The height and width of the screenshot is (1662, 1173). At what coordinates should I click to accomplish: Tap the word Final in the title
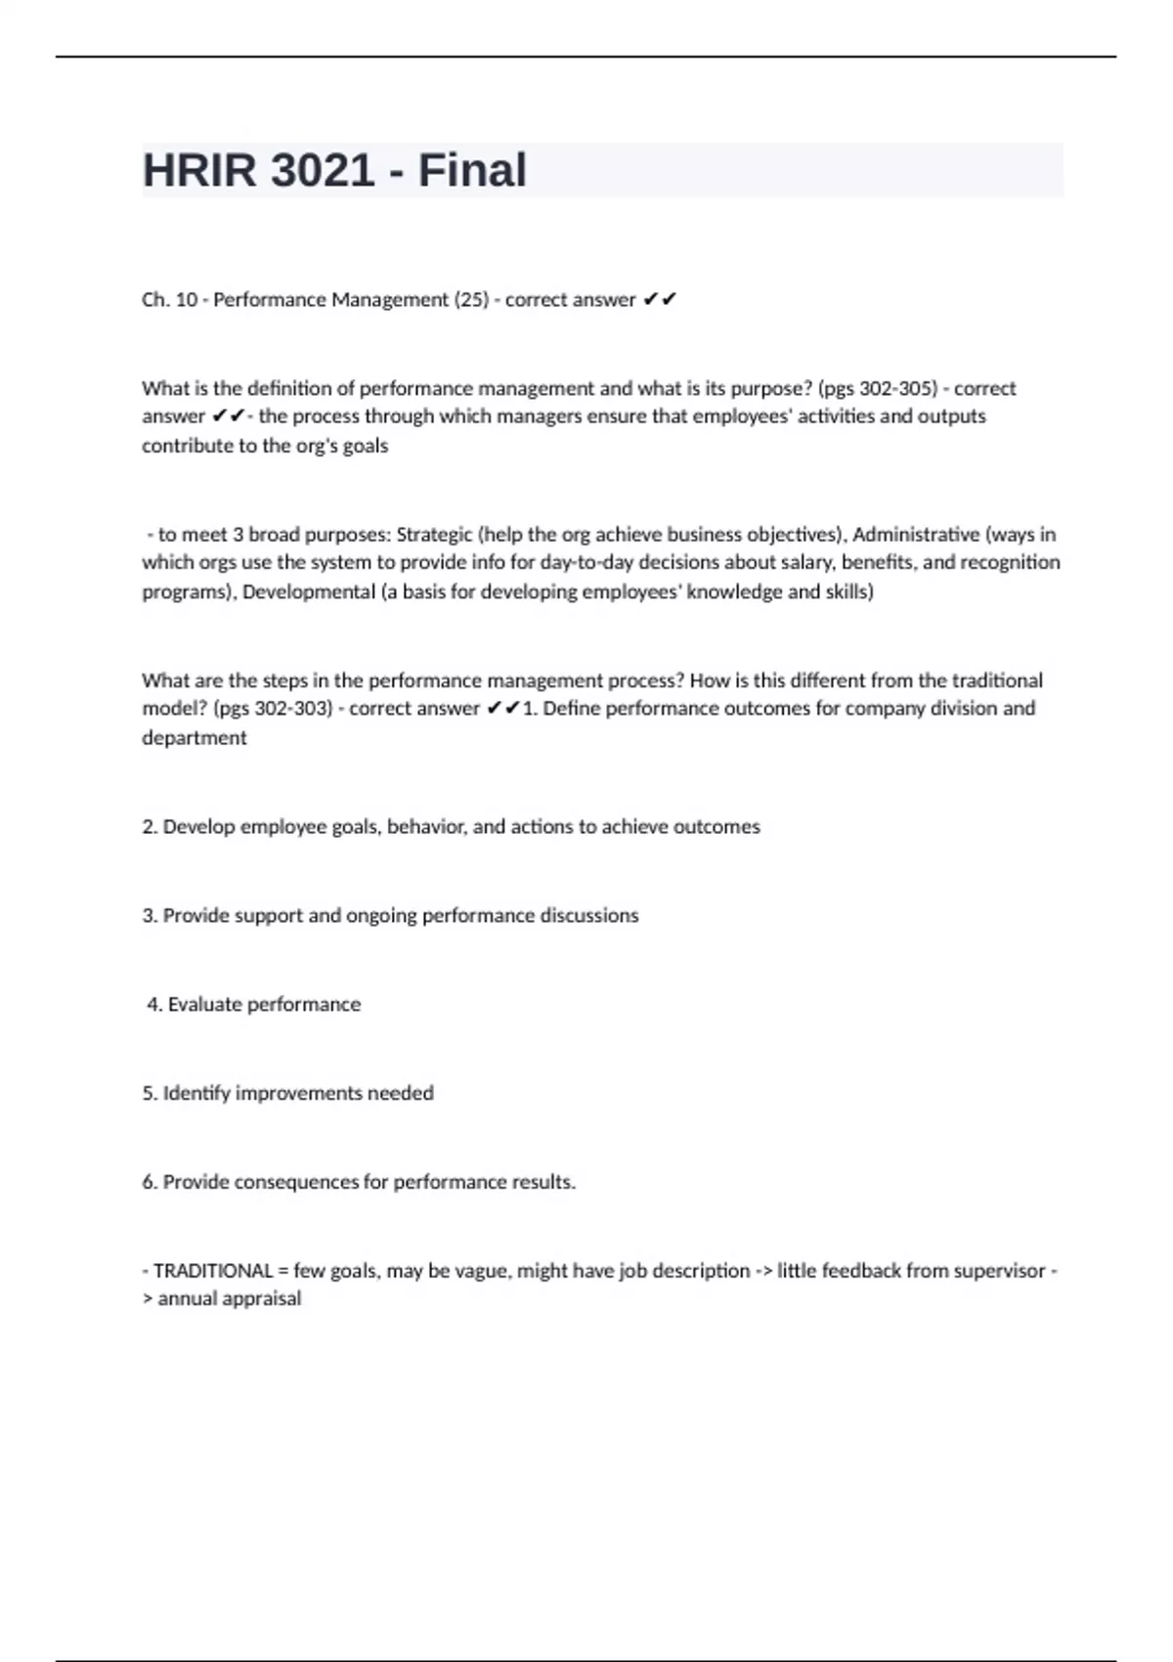[x=472, y=170]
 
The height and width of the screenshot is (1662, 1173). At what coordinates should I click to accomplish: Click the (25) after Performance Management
[x=471, y=300]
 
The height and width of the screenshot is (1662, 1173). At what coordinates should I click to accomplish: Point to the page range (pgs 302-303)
[x=272, y=709]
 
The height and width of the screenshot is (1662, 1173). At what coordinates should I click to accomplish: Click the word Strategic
[x=434, y=535]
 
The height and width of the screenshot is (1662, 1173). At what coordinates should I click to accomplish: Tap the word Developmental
[x=309, y=592]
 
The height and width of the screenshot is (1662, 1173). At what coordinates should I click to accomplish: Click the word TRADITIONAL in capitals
[x=213, y=1271]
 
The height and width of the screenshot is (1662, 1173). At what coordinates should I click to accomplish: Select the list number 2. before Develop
[x=150, y=827]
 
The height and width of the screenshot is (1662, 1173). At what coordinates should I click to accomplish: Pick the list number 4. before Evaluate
[x=154, y=1005]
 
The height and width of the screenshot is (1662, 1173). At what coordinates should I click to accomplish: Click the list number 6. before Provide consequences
[x=150, y=1183]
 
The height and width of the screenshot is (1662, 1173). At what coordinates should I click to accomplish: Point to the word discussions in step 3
[x=588, y=916]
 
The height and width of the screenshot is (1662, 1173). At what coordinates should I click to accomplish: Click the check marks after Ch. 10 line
[x=660, y=300]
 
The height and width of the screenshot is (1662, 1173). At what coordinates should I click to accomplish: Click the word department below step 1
[x=195, y=738]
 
